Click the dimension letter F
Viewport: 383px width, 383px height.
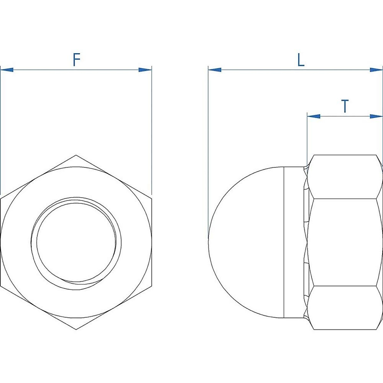point(77,60)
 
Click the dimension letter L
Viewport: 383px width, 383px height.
point(301,60)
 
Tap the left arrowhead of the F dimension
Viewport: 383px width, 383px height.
point(7,70)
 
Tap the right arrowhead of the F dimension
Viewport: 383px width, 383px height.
point(145,70)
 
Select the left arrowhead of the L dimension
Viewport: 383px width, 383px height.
point(215,70)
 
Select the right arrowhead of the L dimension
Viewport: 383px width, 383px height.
point(376,70)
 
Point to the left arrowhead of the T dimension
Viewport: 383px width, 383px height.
point(314,116)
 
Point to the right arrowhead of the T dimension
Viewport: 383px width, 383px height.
point(376,116)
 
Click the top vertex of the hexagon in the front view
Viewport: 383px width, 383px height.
point(76,155)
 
